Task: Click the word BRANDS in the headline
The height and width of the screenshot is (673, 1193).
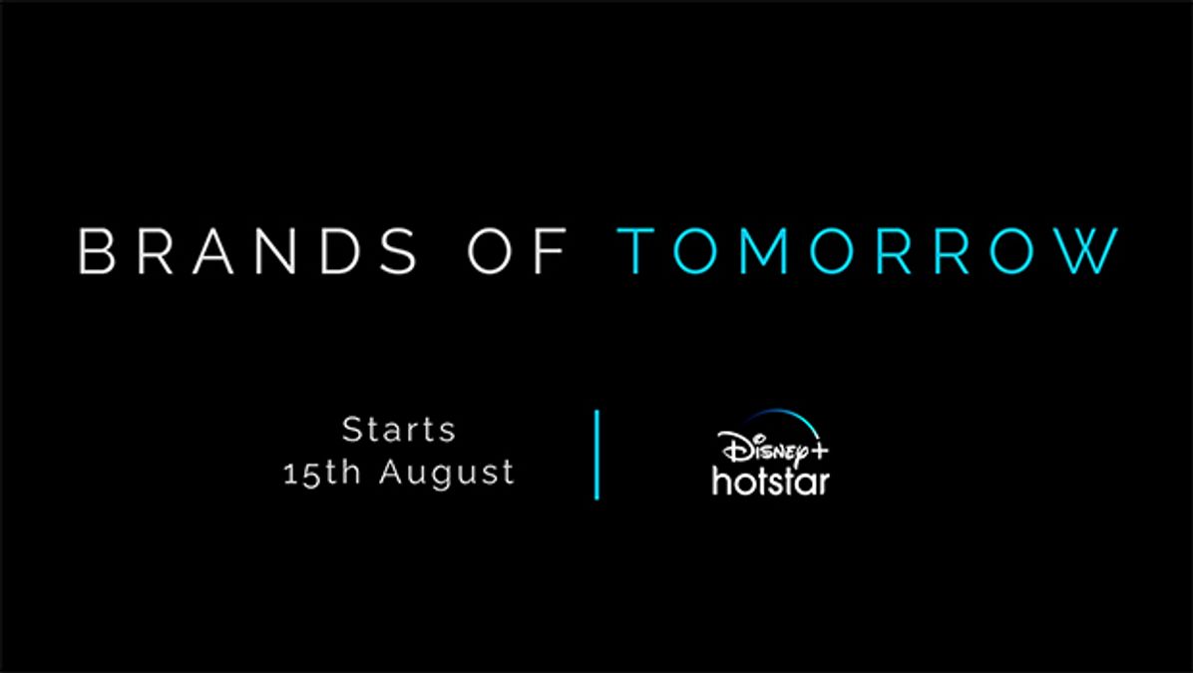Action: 247,251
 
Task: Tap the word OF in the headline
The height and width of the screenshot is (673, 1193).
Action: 520,251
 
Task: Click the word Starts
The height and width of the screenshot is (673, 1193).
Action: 399,430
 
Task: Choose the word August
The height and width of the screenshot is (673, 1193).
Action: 447,472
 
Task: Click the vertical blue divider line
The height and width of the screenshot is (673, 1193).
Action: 597,454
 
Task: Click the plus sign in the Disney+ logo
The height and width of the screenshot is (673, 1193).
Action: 818,451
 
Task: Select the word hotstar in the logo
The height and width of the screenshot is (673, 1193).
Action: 770,481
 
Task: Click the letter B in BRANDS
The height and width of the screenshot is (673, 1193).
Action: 97,251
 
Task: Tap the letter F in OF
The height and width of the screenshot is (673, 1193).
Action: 553,251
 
